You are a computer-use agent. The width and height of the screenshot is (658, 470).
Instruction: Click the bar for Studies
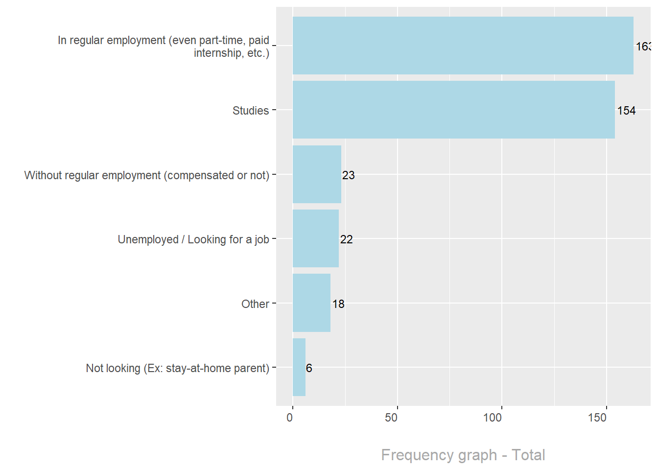453,110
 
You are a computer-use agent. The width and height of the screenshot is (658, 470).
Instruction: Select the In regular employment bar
463,46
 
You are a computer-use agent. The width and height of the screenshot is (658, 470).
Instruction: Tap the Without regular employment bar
317,174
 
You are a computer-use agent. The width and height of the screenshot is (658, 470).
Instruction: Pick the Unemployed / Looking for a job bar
315,238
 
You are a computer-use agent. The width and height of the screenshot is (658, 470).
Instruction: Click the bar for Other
311,303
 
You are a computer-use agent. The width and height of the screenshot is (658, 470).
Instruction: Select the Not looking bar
299,367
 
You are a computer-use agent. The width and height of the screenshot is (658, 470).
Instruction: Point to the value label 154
626,111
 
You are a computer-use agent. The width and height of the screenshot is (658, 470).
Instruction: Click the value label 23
348,175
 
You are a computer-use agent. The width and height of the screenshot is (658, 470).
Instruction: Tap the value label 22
346,239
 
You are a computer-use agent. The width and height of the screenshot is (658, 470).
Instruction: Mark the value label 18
338,304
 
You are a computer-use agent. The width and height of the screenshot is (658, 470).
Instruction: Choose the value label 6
309,368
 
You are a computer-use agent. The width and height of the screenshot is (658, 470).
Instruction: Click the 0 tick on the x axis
290,418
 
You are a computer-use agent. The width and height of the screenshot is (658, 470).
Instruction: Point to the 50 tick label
391,418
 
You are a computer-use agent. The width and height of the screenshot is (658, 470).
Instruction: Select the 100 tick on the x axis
493,418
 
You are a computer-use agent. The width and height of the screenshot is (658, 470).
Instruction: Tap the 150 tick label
597,418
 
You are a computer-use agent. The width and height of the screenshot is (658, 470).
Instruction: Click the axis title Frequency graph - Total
463,455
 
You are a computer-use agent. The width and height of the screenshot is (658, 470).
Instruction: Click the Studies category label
251,111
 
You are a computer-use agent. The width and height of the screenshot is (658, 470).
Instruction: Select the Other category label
255,304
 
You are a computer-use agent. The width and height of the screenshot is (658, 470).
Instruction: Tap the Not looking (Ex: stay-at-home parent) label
178,368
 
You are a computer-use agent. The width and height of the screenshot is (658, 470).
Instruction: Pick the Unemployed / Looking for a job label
193,239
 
